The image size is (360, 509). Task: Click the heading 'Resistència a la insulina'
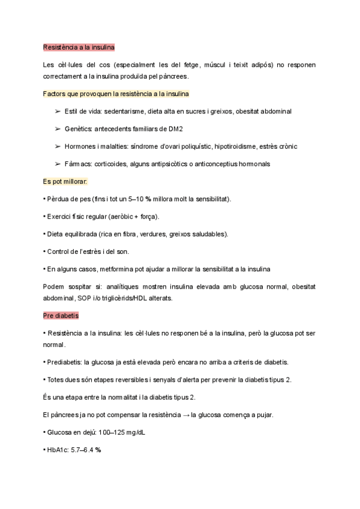click(x=79, y=47)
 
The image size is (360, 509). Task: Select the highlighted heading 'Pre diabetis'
click(x=61, y=315)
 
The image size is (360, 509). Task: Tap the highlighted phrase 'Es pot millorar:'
click(x=65, y=181)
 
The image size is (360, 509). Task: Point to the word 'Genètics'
click(x=78, y=129)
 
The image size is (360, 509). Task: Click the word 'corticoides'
click(x=110, y=164)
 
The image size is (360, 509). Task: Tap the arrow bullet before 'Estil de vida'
click(x=58, y=112)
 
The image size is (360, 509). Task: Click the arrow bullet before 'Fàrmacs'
click(x=58, y=164)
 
